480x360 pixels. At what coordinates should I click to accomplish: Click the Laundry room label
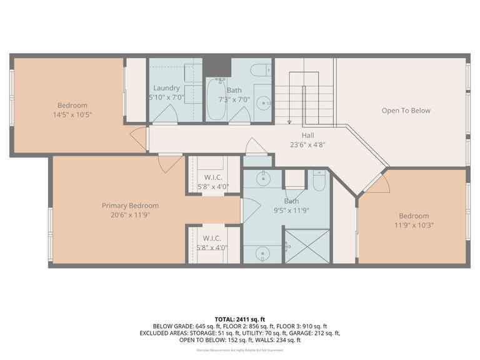(166, 88)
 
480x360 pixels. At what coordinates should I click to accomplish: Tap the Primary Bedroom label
(130, 206)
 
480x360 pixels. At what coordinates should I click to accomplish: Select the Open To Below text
(406, 111)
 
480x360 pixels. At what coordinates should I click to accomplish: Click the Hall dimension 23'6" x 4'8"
(307, 144)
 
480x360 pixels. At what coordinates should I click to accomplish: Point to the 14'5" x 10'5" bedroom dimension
(72, 114)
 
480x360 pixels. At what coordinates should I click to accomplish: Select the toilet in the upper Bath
(261, 69)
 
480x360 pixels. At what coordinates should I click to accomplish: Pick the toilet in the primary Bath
(319, 181)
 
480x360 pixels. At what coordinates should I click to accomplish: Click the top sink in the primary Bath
(262, 178)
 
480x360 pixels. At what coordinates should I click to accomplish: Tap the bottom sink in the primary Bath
(262, 254)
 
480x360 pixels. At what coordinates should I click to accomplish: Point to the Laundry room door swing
(166, 114)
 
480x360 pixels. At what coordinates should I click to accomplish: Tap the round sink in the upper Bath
(264, 102)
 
